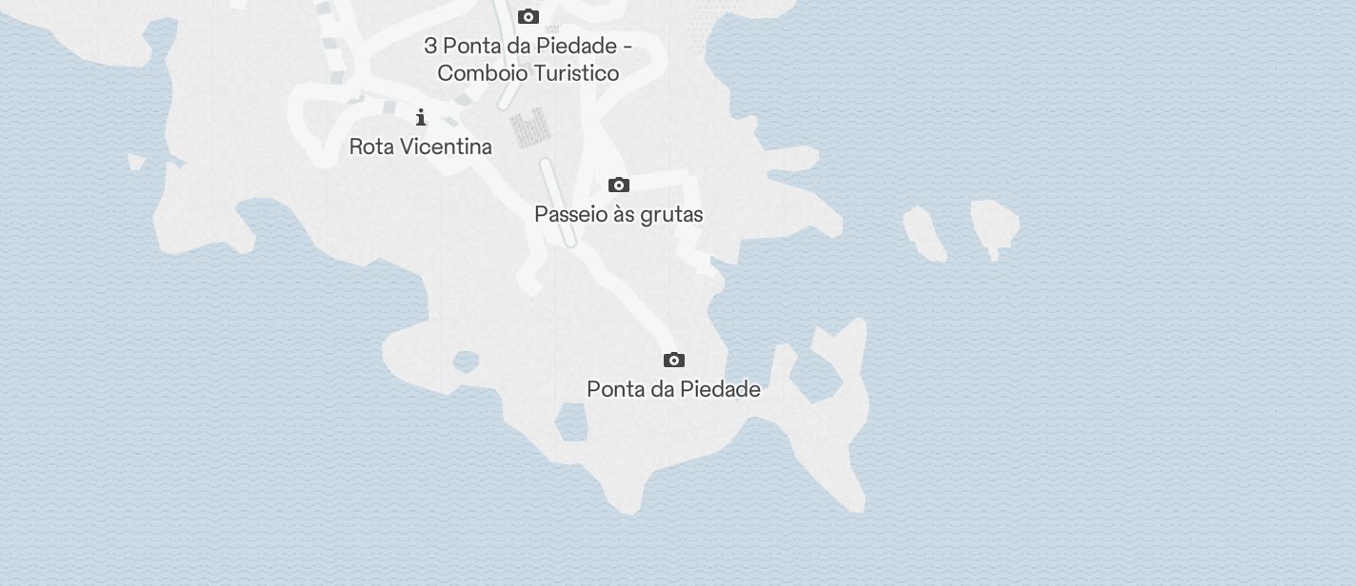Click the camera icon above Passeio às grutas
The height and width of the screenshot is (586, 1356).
tap(619, 185)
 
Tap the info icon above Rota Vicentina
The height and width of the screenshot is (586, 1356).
tap(421, 117)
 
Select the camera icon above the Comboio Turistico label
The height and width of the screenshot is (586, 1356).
tap(528, 16)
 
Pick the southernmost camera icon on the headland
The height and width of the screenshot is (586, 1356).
tap(674, 360)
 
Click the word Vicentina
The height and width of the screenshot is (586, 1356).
tap(447, 146)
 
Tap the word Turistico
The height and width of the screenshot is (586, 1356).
tap(573, 73)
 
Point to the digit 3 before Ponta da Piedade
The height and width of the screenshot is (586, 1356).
tap(430, 46)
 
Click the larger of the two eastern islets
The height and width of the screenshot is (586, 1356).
tap(994, 226)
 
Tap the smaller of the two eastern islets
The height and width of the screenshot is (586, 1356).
tap(924, 232)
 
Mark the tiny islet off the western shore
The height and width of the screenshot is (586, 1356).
tap(136, 163)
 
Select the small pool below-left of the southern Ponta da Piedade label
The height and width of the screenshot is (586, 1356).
tap(572, 423)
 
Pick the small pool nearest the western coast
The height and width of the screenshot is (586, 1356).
tap(466, 361)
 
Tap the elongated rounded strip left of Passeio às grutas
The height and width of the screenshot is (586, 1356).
tap(558, 202)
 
